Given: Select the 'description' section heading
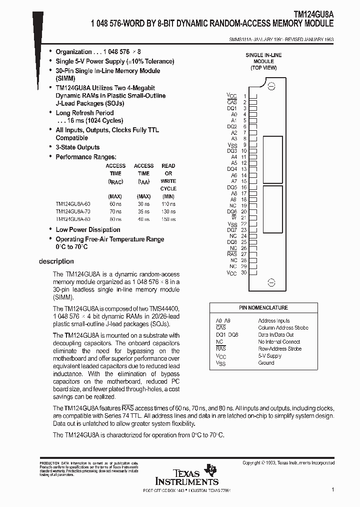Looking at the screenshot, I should [x=56, y=262].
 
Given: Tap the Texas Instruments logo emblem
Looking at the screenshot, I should [x=213, y=470].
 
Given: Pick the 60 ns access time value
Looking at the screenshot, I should [x=115, y=204].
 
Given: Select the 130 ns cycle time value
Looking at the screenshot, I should [x=168, y=212].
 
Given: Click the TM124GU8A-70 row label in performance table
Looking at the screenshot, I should [x=73, y=212].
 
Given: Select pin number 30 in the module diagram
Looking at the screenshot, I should [x=243, y=273].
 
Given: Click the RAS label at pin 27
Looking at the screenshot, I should [x=232, y=255].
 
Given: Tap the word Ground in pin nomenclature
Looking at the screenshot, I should [x=266, y=363].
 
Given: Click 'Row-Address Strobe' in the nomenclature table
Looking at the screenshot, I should [x=279, y=349].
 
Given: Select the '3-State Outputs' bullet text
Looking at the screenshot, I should [x=77, y=147].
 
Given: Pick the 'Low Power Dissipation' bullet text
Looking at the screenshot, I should [x=87, y=230].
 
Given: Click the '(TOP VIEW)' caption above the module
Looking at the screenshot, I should [x=263, y=68].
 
